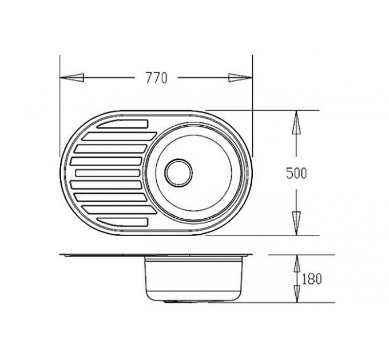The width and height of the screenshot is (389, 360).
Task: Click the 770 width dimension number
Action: pos(157,78)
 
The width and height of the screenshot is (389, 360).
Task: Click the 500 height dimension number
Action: pos(296,173)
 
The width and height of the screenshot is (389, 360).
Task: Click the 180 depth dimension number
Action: pos(312,279)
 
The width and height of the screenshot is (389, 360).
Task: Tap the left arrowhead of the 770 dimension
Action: pos(72,78)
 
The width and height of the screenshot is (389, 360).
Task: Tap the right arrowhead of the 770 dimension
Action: pos(240,78)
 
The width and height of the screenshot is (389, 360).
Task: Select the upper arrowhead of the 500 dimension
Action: pos(296,122)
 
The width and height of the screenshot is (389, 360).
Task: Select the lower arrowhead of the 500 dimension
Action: pos(296,223)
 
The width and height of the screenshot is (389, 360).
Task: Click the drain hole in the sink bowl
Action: pos(178,173)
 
